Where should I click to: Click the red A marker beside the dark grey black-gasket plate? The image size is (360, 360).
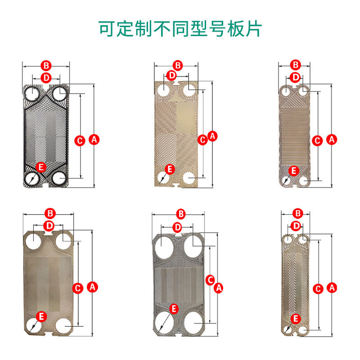94,140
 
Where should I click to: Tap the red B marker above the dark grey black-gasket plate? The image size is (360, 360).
46,65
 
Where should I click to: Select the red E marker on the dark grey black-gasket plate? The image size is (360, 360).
41,167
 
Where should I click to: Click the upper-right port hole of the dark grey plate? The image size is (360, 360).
59,93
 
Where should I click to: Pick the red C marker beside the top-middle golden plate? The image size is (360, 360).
203,140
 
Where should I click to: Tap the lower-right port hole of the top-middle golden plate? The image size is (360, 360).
189,179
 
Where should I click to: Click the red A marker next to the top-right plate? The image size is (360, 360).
332,140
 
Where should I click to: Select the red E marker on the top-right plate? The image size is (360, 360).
293,171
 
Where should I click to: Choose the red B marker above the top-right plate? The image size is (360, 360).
295,65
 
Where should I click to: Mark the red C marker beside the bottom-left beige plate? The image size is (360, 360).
78,287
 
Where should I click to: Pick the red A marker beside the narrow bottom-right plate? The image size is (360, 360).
332,287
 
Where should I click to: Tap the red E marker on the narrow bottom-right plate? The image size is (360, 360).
296,319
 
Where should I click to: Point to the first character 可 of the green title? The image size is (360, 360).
108,28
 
